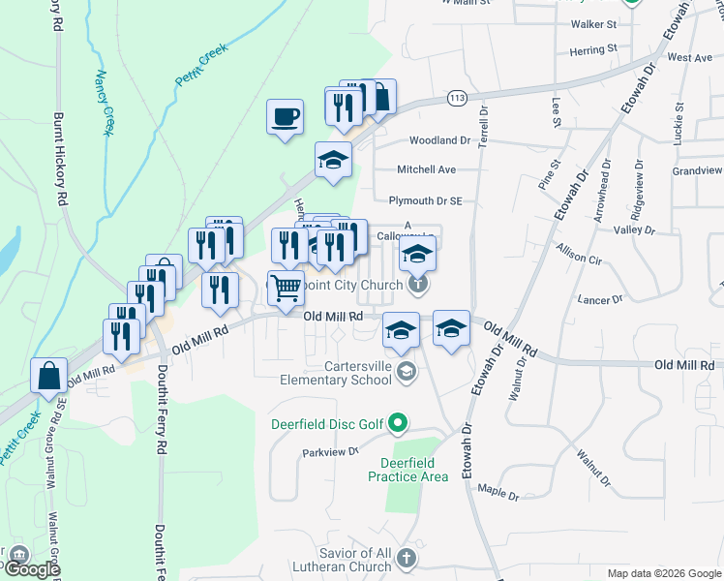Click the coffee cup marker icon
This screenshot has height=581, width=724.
click(285, 118)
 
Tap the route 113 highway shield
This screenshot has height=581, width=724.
click(458, 98)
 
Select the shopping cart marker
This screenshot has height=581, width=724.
click(286, 289)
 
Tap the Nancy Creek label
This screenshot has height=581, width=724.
click(104, 102)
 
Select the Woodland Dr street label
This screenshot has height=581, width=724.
click(439, 140)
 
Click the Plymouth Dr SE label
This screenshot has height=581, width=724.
click(426, 201)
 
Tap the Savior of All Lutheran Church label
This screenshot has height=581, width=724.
click(341, 559)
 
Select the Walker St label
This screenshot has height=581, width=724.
click(593, 23)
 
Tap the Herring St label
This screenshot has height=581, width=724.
click(593, 48)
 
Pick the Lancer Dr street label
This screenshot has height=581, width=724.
click(596, 300)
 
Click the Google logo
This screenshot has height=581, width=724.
click(31, 569)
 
